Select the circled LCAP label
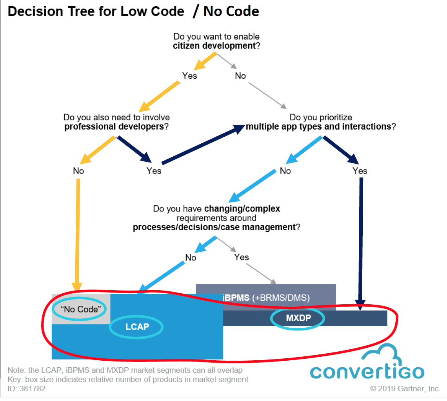point(137,326)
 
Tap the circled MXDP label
point(298,318)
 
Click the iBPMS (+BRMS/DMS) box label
point(266,298)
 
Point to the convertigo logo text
point(367,371)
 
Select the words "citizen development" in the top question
point(213,46)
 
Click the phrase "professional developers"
point(114,126)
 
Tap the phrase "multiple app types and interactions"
point(318,126)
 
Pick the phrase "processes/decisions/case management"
point(214,227)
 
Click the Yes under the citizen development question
point(190,76)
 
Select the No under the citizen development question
point(240,76)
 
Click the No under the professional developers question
point(78,171)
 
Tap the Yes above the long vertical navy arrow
point(360,171)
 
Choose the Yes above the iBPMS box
point(242,257)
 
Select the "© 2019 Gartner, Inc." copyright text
point(405,389)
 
